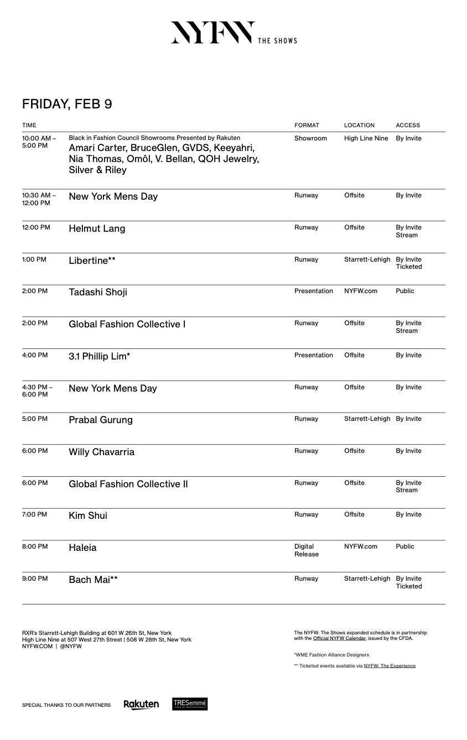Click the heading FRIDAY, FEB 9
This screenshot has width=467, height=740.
coord(67,104)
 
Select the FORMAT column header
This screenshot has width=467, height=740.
coord(307,125)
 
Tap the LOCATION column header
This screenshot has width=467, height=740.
coord(359,125)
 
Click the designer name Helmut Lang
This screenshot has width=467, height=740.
coord(97,228)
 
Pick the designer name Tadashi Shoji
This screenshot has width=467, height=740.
coord(98,292)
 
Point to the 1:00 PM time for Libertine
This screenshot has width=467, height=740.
coord(34,259)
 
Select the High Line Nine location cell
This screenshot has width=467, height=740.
coord(366,138)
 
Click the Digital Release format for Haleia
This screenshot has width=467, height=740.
coord(306,550)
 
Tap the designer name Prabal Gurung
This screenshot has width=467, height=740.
coord(101,420)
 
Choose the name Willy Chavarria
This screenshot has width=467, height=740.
coord(101,452)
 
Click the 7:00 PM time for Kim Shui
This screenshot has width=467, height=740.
coord(34,514)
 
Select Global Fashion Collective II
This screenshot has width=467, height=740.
coord(128,484)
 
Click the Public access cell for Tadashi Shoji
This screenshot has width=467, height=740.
coord(404,291)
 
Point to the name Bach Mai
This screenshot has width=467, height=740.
coord(93,580)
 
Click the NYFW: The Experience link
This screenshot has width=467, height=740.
coord(389,666)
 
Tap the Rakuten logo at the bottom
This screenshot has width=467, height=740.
coord(141,704)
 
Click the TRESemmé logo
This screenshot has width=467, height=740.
coord(190,704)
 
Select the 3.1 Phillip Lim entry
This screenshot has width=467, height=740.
coord(99,356)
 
